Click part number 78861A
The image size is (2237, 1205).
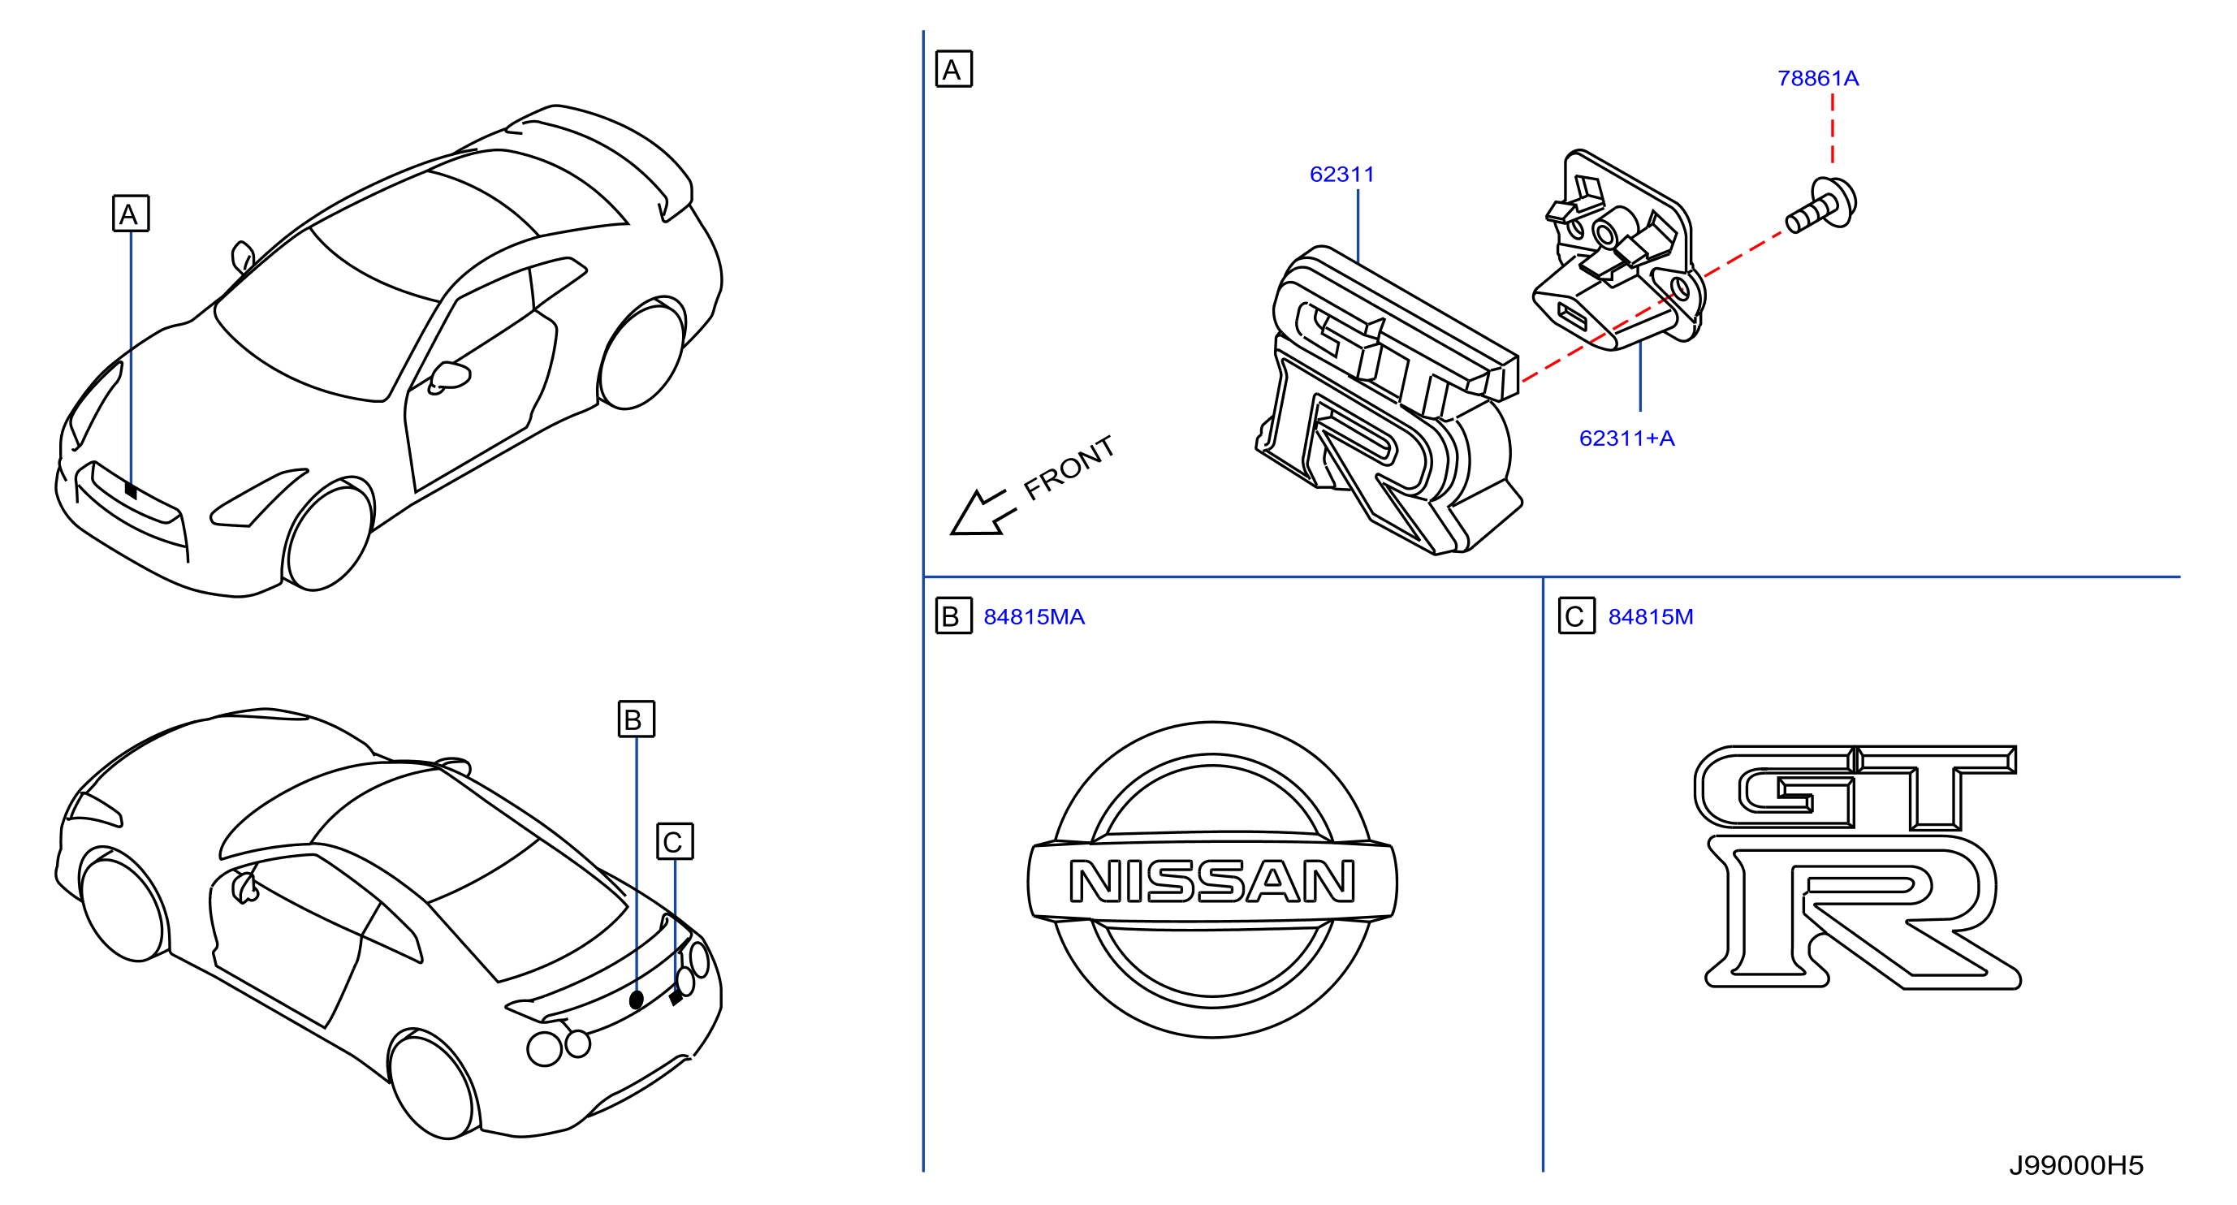click(1817, 78)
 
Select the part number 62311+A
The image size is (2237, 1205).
click(1626, 438)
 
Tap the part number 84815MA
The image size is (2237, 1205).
click(1034, 617)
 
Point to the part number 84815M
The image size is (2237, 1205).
click(1650, 617)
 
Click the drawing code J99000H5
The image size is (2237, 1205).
click(2075, 1165)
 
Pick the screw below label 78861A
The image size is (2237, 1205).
click(1822, 205)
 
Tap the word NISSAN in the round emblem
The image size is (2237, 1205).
click(1211, 881)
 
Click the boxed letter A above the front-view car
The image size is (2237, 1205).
click(130, 214)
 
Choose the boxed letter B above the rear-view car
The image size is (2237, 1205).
click(637, 719)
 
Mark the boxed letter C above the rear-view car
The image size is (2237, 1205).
click(675, 841)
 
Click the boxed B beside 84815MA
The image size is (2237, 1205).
click(953, 616)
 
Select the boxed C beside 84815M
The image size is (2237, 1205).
click(1576, 616)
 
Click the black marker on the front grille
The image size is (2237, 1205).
click(130, 490)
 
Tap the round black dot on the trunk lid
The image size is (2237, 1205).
click(637, 1000)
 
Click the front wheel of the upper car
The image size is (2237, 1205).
click(328, 535)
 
